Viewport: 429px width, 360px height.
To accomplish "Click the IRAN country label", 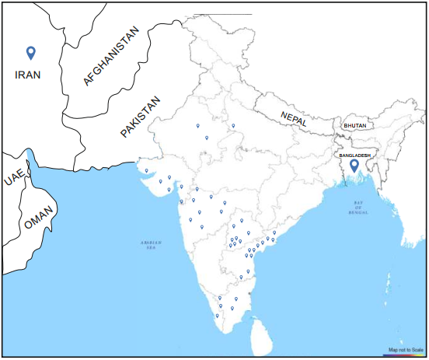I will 28,75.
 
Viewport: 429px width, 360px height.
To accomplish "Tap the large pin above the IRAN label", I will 30,52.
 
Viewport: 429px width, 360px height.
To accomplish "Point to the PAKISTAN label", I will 141,117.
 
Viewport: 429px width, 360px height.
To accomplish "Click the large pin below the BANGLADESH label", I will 354,166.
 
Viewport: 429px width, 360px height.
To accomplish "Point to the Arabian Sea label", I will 151,243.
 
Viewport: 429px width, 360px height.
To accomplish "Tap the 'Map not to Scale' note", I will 406,350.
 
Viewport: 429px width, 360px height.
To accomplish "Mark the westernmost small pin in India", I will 146,170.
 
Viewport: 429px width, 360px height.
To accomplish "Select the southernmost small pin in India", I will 217,316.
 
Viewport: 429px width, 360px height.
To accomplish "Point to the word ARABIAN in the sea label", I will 151,241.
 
